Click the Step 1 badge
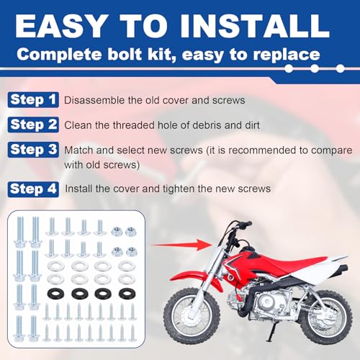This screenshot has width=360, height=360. coord(33,99)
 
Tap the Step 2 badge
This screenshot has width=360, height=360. coord(33,125)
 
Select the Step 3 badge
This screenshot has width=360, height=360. coord(33,150)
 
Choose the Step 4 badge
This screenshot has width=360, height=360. coord(33,189)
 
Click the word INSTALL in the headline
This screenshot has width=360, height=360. coord(255,26)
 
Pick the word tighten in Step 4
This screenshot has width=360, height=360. coord(179,189)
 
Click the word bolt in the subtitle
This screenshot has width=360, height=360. coord(125,54)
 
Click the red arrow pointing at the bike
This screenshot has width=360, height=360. coord(181,245)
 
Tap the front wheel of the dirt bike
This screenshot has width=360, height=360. coord(192,316)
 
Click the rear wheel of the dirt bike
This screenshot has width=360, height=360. coord(327,317)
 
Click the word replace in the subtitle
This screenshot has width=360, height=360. coord(287,55)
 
